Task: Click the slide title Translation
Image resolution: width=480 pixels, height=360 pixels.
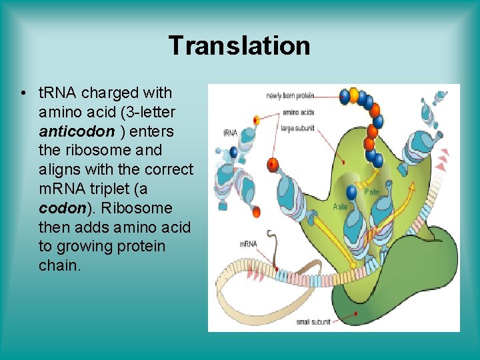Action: (239, 45)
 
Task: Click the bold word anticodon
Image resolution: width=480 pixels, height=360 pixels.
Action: (77, 131)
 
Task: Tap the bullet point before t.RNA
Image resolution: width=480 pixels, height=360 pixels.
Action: (23, 93)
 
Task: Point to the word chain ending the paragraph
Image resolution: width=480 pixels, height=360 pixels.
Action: (59, 265)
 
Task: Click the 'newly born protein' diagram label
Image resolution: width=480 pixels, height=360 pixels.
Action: (289, 96)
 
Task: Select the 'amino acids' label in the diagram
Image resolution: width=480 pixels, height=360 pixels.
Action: (298, 112)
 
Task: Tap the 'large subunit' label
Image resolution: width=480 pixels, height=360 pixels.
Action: (297, 127)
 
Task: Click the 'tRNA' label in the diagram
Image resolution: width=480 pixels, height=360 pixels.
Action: (230, 133)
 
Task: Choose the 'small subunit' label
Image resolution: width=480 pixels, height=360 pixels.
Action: (312, 323)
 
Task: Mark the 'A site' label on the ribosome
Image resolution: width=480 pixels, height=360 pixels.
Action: (340, 207)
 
